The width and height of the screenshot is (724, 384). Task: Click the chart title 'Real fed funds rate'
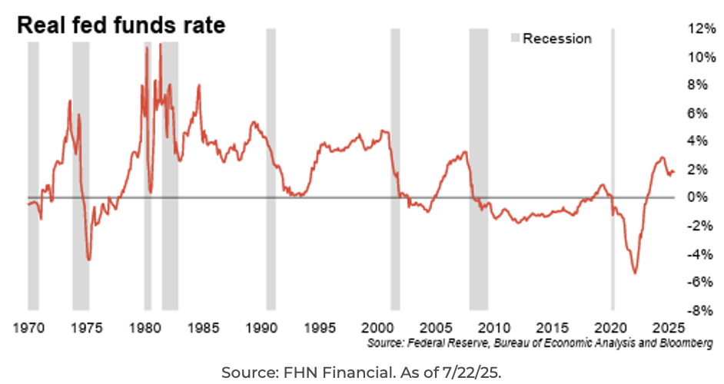121,25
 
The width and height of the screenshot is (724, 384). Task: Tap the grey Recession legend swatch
516,38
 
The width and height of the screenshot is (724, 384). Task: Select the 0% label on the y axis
696,197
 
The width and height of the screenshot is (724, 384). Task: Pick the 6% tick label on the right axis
696,113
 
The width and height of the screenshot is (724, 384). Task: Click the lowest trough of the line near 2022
635,273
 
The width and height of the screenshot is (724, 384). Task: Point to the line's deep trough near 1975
89,260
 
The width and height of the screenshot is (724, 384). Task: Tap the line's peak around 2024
661,158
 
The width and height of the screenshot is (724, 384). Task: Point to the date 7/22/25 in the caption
476,372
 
